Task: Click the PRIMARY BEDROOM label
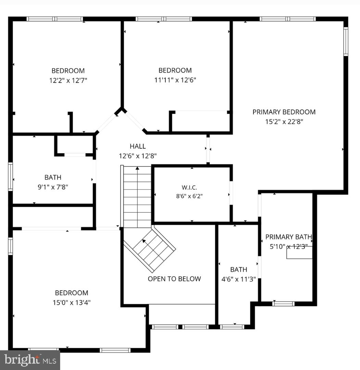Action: [x=284, y=112]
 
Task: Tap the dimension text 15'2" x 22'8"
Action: [x=284, y=122]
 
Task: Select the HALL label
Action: [x=138, y=146]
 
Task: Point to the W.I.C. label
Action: [x=189, y=188]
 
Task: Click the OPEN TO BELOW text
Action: [x=174, y=279]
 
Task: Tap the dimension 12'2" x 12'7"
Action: [x=68, y=81]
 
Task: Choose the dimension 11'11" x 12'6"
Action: [x=175, y=80]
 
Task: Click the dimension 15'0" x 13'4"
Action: [x=72, y=303]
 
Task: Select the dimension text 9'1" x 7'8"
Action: [x=53, y=187]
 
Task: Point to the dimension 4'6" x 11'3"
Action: [x=238, y=279]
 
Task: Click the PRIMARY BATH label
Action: [x=288, y=237]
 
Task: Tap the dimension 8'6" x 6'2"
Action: [x=189, y=196]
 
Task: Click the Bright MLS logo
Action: [x=30, y=360]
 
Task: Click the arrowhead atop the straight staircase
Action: [x=137, y=168]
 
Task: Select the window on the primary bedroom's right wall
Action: [x=346, y=41]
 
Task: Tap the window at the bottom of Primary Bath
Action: [x=283, y=304]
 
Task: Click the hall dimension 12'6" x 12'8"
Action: [x=138, y=156]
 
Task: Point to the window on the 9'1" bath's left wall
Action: [x=10, y=176]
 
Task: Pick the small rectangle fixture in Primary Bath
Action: [x=300, y=252]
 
